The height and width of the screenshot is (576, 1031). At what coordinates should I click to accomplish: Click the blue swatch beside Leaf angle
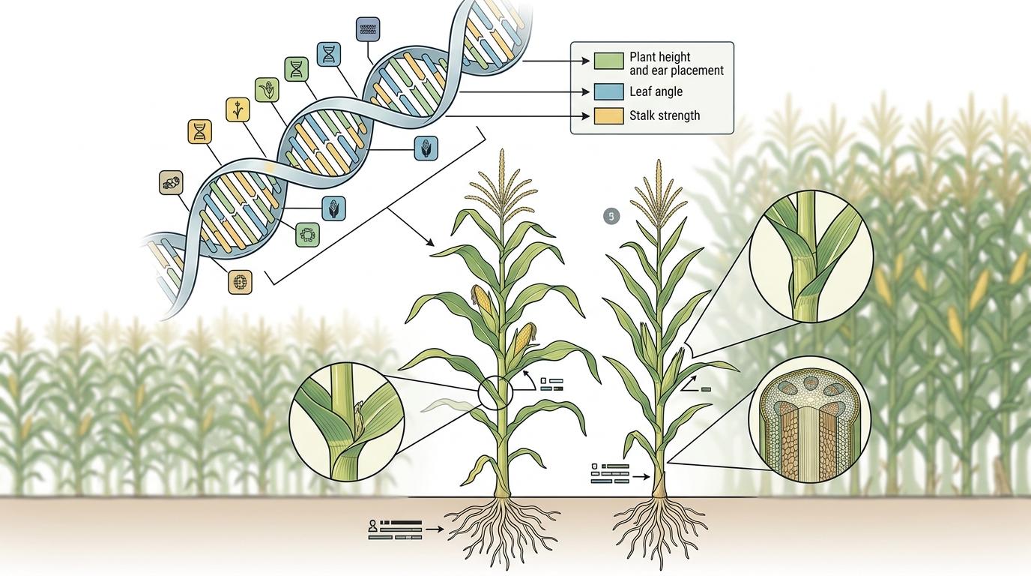pos(608,91)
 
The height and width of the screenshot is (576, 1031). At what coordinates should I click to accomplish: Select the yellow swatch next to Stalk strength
pos(608,115)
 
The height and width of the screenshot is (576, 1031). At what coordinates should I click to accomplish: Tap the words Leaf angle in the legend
pos(656,91)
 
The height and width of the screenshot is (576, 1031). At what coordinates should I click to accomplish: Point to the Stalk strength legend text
pos(665,115)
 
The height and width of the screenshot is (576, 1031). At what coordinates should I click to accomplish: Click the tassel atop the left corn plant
pos(501,187)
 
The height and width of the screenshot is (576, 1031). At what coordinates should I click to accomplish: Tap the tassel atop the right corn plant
pos(658,195)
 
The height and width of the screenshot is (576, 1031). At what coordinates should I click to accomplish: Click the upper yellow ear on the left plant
pos(482,299)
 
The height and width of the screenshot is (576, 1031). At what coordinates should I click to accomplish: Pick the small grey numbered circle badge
pos(611,217)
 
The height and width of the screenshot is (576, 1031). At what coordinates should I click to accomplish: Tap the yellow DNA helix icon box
pos(199,132)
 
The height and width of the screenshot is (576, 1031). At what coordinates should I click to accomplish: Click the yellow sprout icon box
pos(238,109)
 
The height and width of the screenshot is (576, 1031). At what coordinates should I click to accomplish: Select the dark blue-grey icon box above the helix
pos(367,28)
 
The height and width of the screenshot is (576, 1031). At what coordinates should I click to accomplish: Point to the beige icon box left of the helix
pos(172,182)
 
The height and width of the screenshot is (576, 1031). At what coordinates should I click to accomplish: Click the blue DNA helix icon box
pos(330,53)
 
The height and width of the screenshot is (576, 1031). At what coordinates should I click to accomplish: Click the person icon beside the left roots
pos(372,527)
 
